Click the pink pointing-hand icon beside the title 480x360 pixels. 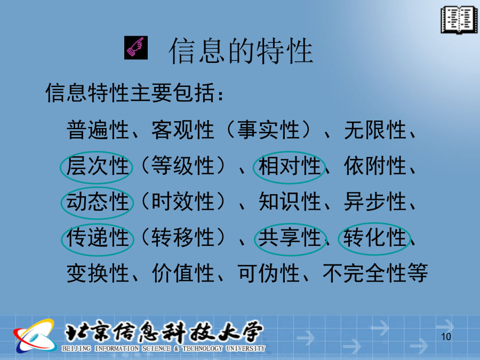coord(136,47)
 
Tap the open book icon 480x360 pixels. coord(459,20)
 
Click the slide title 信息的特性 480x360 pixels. coord(241,51)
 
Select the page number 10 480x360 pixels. coord(446,337)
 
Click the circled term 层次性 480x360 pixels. coord(98,166)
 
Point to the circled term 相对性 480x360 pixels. coord(289,166)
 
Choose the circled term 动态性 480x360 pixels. coord(98,202)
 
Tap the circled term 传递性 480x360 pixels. coord(98,237)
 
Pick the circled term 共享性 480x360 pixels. coord(289,237)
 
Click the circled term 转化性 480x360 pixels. coord(375,237)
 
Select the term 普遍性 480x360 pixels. coord(98,130)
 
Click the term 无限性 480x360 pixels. coord(375,130)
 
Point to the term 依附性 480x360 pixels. coord(375,166)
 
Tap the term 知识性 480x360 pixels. coord(289,202)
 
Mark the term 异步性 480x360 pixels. coord(375,202)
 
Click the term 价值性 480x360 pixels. coord(182,273)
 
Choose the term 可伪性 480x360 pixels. coord(268,273)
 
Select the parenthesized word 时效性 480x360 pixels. coord(182,202)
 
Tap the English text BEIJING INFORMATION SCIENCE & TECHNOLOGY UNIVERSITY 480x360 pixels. coord(164,348)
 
